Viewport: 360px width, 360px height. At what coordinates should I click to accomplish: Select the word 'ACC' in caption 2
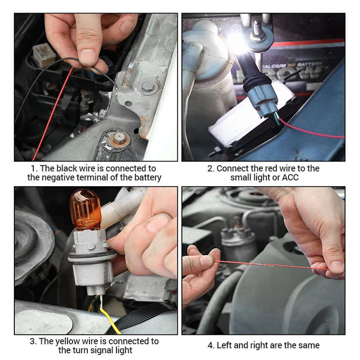point(290,177)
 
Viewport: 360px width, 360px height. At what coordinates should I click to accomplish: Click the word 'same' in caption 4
point(309,345)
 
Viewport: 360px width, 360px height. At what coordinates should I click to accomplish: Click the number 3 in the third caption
point(33,341)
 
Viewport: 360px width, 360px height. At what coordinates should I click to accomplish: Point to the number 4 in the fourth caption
point(210,345)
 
